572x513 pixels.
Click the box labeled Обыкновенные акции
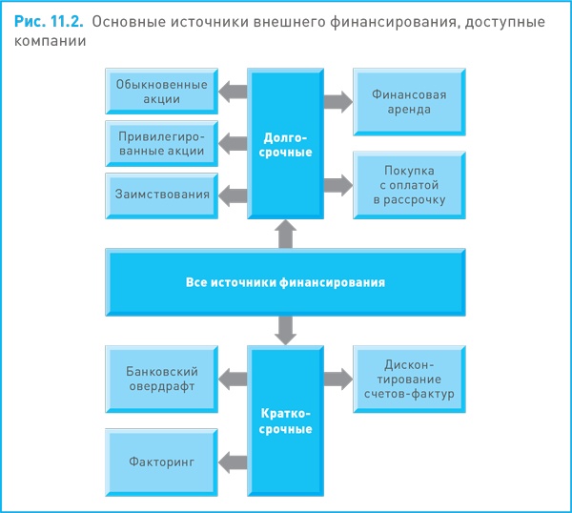[x=161, y=92]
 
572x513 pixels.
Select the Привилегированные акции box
[x=161, y=143]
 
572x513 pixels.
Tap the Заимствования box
[x=161, y=195]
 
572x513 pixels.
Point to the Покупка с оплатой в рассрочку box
[x=410, y=184]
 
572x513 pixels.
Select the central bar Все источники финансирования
[x=286, y=283]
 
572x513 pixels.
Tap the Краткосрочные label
[x=287, y=421]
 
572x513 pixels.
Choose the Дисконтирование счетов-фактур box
[x=410, y=378]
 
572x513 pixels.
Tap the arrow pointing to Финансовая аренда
[x=337, y=101]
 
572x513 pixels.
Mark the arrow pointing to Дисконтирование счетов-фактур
[x=337, y=379]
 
